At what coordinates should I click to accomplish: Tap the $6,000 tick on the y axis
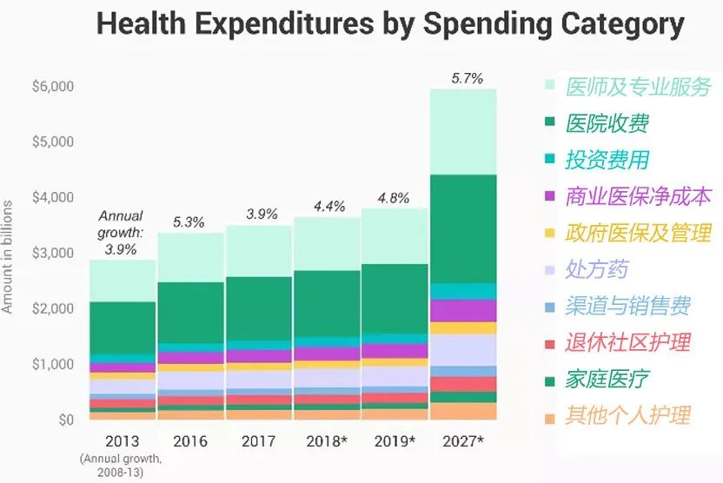(53, 87)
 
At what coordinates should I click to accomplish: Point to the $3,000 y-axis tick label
(53, 254)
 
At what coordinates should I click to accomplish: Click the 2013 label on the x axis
(123, 440)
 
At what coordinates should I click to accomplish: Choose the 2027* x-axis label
(462, 440)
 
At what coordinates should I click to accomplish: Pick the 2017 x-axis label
(258, 440)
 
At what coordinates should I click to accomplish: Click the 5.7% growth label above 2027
(467, 77)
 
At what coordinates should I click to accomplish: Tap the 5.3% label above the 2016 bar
(189, 222)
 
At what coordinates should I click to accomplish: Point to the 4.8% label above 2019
(393, 197)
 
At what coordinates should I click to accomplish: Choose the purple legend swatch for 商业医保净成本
(549, 197)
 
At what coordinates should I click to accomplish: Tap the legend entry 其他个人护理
(627, 415)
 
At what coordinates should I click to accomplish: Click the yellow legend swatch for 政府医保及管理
(549, 234)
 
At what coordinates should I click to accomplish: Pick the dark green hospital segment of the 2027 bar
(462, 228)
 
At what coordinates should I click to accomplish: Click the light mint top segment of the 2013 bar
(123, 280)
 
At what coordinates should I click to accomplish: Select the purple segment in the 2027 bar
(462, 310)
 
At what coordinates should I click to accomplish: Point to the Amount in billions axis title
(8, 256)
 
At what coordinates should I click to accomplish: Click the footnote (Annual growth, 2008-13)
(123, 464)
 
